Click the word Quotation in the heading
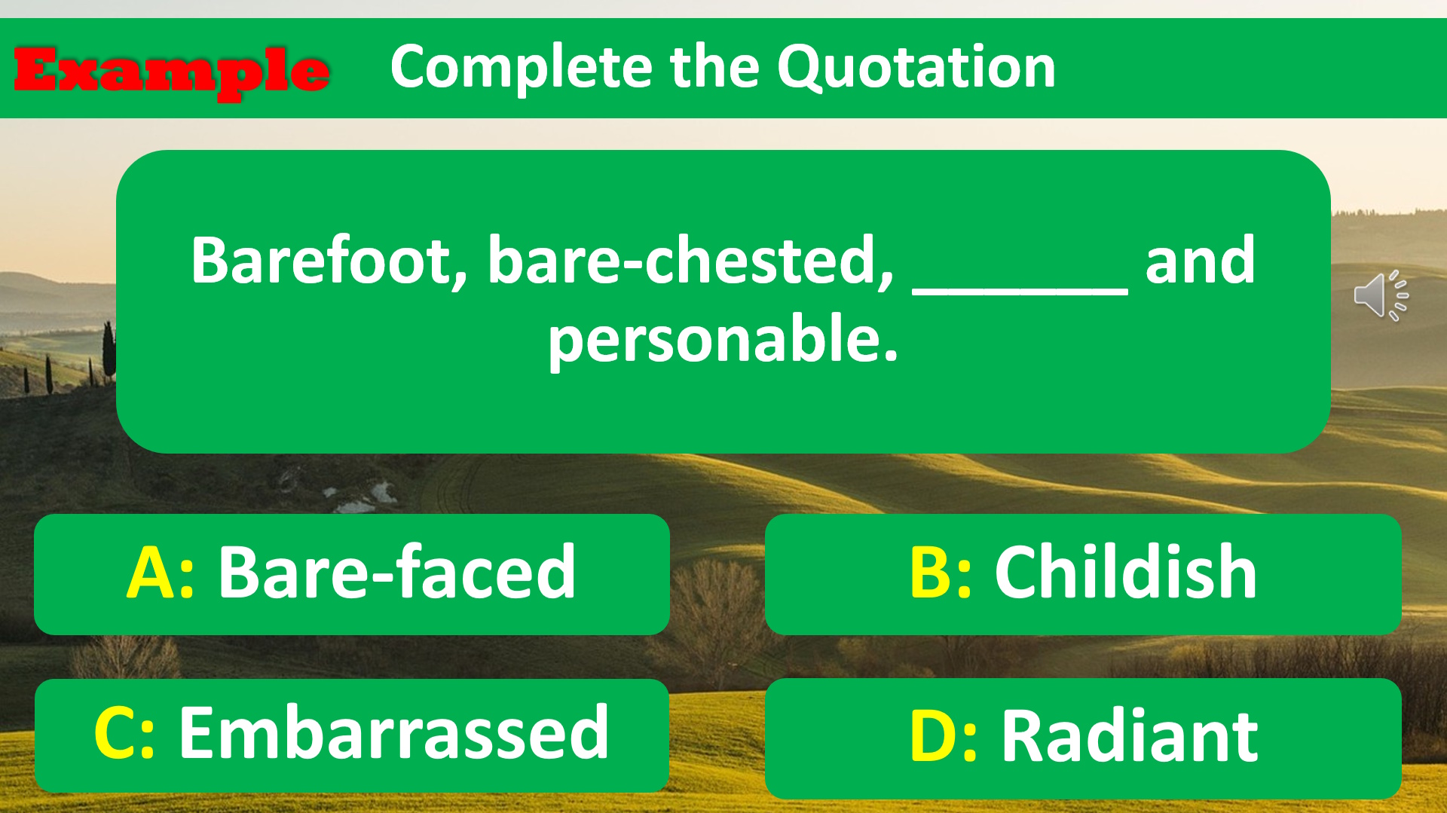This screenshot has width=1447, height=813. (916, 68)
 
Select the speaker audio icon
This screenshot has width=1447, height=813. (1381, 295)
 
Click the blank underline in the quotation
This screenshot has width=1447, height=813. (1020, 292)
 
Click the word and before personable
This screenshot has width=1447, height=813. (1200, 261)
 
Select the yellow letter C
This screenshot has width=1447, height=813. (115, 733)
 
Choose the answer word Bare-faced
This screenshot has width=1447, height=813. (397, 573)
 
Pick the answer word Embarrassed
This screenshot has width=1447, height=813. (394, 732)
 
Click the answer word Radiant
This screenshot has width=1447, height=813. (1130, 735)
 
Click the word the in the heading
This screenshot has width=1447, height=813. (714, 68)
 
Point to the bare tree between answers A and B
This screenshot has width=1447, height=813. (716, 618)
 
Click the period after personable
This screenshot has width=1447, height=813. (892, 357)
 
